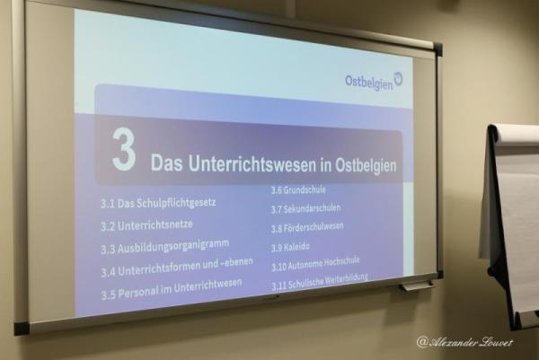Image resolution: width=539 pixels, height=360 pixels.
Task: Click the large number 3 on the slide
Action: click(124, 150)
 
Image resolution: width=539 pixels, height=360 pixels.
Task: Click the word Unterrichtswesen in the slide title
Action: click(252, 164)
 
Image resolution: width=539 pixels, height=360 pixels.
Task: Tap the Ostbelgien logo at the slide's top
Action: click(374, 81)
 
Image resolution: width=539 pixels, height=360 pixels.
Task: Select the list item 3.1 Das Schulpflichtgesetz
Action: click(158, 203)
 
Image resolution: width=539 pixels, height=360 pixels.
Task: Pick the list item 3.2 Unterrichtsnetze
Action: click(146, 225)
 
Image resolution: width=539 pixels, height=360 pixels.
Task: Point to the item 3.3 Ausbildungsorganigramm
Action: click(165, 247)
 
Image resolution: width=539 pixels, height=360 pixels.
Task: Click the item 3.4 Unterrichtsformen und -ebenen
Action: click(177, 268)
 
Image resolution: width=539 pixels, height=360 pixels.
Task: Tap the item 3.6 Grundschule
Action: click(298, 190)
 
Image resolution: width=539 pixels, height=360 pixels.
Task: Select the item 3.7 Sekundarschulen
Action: click(305, 208)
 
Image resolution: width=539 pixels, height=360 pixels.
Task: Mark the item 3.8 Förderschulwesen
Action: click(307, 228)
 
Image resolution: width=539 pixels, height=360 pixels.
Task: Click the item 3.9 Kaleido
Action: click(290, 247)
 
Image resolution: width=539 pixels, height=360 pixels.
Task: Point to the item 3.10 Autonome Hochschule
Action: click(315, 264)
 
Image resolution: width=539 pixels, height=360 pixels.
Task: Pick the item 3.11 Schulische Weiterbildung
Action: click(319, 282)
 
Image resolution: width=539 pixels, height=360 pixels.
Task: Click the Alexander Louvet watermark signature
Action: click(464, 342)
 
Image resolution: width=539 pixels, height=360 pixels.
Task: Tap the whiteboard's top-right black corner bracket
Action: click(437, 49)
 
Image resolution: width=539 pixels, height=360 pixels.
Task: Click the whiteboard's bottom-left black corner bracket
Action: click(21, 329)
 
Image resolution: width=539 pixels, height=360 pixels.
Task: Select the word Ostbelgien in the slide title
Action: click(366, 166)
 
